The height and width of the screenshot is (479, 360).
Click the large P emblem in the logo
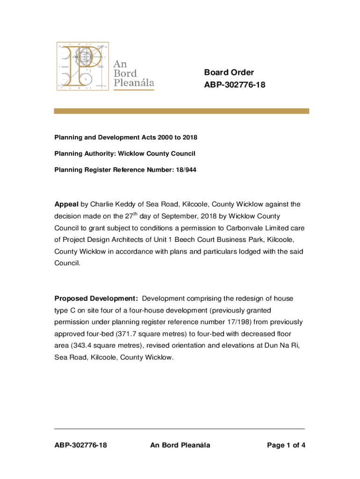tap(82, 66)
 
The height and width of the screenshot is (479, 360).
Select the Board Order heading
tap(229, 73)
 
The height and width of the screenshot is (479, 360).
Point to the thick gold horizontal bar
tap(181, 111)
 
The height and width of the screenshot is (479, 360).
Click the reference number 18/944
tap(187, 170)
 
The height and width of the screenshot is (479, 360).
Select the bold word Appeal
tap(66, 204)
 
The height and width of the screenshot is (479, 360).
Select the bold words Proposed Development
tap(96, 298)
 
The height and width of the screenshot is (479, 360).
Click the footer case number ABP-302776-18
tap(80, 445)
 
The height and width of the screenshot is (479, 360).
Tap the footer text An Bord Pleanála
tap(180, 445)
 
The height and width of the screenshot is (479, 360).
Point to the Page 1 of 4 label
tap(286, 445)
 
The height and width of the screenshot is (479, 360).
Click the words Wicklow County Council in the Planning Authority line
tap(157, 153)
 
